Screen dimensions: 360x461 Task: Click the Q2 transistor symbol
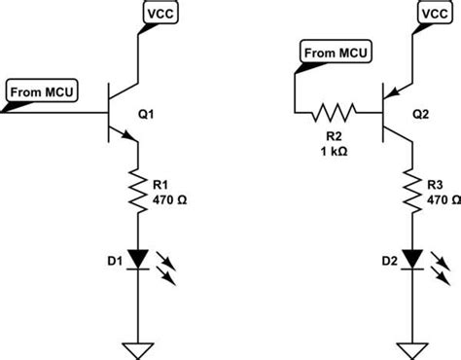tap(391, 114)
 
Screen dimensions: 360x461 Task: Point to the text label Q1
tap(148, 113)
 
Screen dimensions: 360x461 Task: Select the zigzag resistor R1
tap(137, 187)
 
